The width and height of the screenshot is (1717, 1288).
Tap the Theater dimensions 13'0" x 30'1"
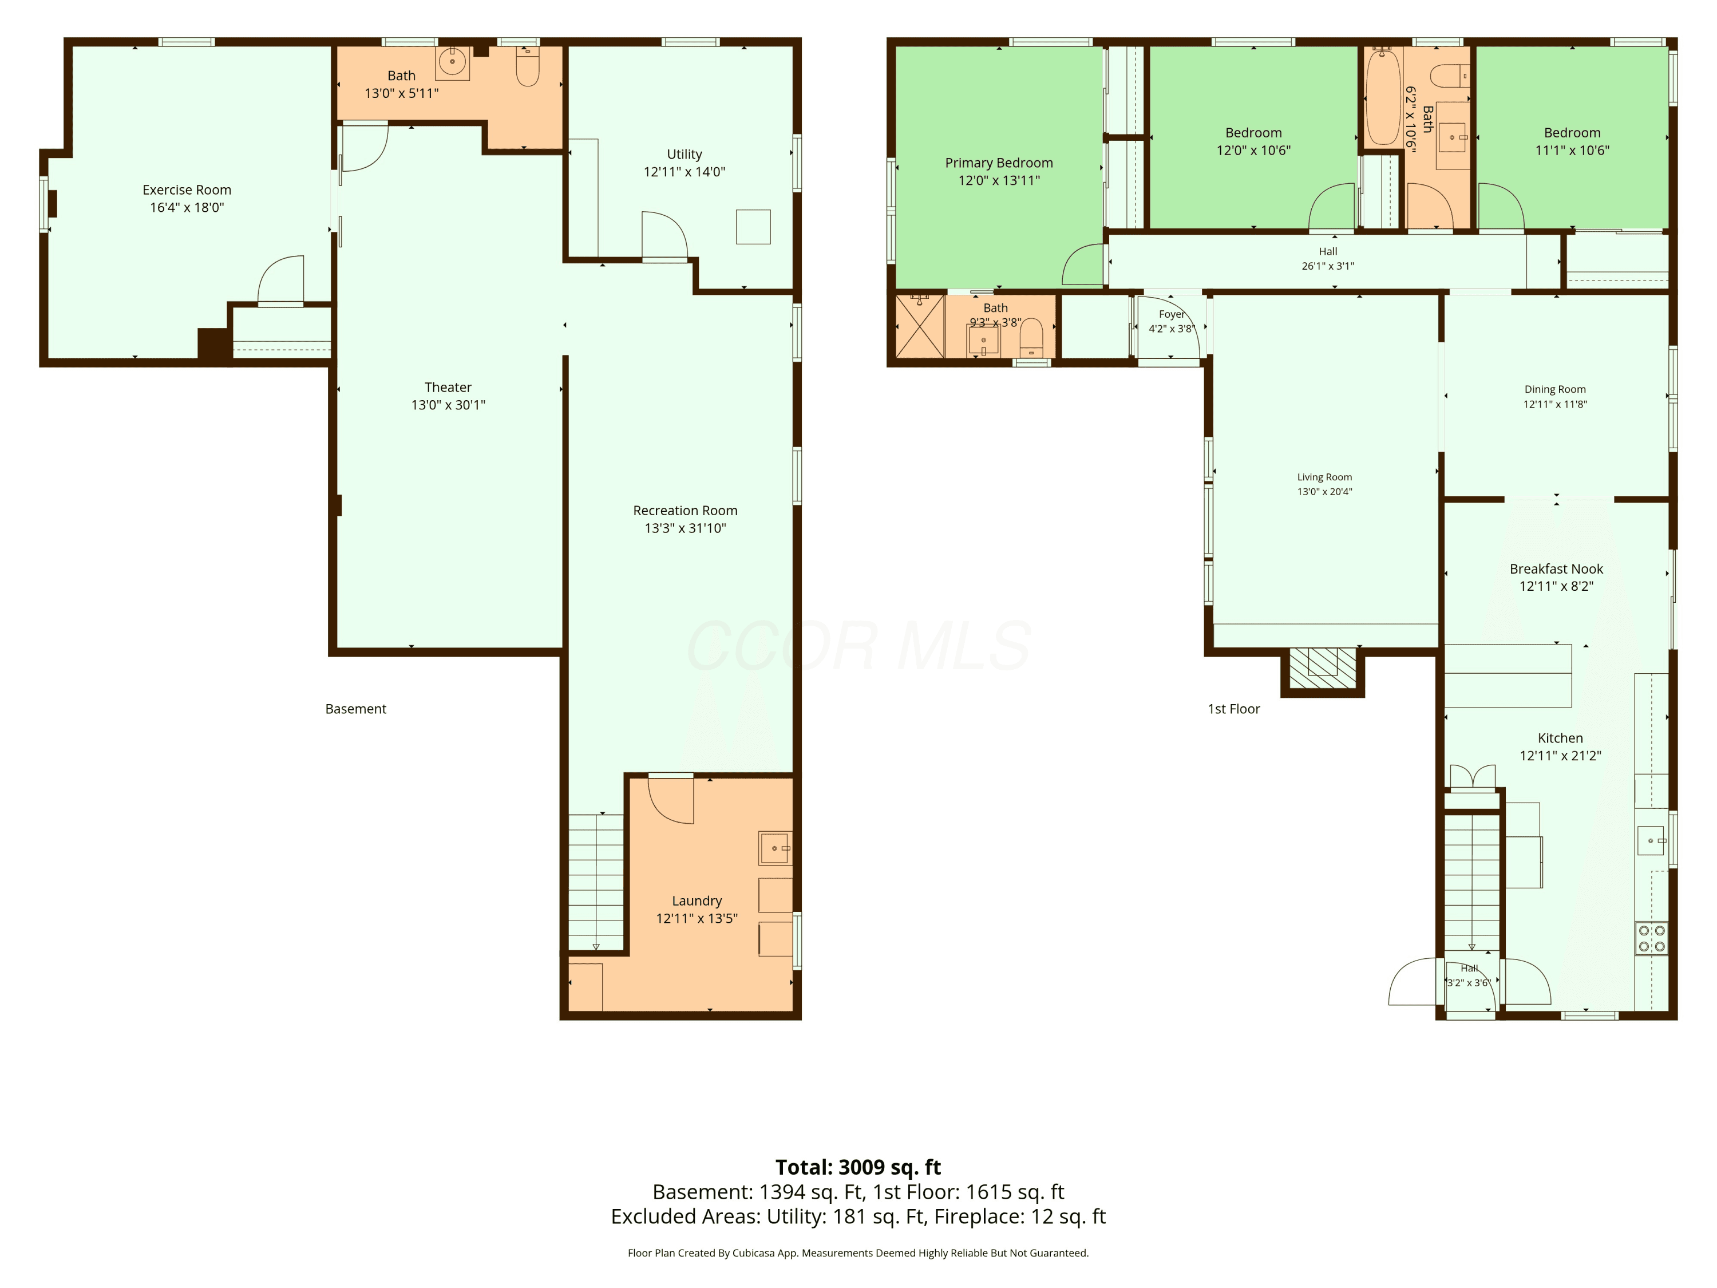pos(448,405)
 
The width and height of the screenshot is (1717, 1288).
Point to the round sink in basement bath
pos(453,61)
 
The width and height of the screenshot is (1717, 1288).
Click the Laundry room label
pos(697,900)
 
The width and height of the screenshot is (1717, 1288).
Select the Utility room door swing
pos(664,235)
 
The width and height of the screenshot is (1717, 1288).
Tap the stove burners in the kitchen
pos(1652,938)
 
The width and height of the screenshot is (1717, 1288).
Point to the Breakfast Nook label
pos(1556,569)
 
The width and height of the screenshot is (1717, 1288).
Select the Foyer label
pos(1172,314)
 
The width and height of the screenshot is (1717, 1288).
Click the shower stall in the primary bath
pos(920,326)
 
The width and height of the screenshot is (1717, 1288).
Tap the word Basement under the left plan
pos(355,709)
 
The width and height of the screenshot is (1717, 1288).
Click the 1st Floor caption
pos(1233,709)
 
